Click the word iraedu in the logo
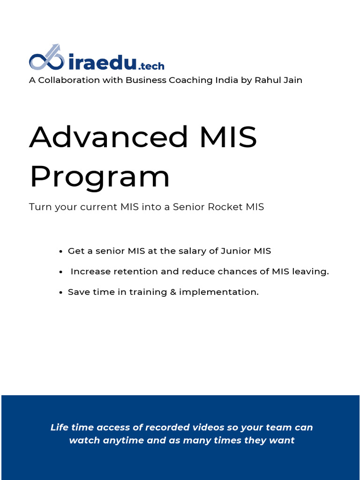[x=102, y=61]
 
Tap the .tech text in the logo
[x=151, y=66]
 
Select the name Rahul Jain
[x=278, y=80]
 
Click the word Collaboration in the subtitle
[x=69, y=80]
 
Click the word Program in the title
[x=99, y=177]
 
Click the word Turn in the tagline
[x=39, y=207]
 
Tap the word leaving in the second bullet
[x=311, y=272]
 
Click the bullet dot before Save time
[x=61, y=292]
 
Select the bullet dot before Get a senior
[x=61, y=251]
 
